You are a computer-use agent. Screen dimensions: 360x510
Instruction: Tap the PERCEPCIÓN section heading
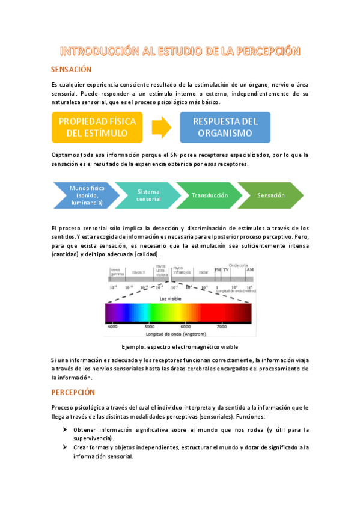click(73, 392)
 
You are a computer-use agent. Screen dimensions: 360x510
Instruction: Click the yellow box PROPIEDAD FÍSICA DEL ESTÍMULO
click(97, 127)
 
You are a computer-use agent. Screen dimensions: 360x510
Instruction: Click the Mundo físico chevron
click(85, 195)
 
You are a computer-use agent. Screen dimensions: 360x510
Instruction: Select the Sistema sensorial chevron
click(148, 195)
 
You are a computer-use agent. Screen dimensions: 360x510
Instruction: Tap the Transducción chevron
click(210, 195)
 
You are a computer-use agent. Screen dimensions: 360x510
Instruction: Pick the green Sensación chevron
click(272, 195)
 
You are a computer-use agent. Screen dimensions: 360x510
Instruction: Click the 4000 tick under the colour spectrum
click(113, 327)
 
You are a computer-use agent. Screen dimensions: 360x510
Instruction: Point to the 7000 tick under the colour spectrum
click(221, 327)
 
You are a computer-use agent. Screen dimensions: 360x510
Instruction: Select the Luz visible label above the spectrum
click(170, 298)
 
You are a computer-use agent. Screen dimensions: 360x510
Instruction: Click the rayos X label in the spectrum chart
click(139, 272)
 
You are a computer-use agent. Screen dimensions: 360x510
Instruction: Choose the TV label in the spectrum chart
click(226, 270)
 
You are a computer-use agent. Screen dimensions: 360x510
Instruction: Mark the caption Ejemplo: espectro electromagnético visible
click(180, 347)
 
